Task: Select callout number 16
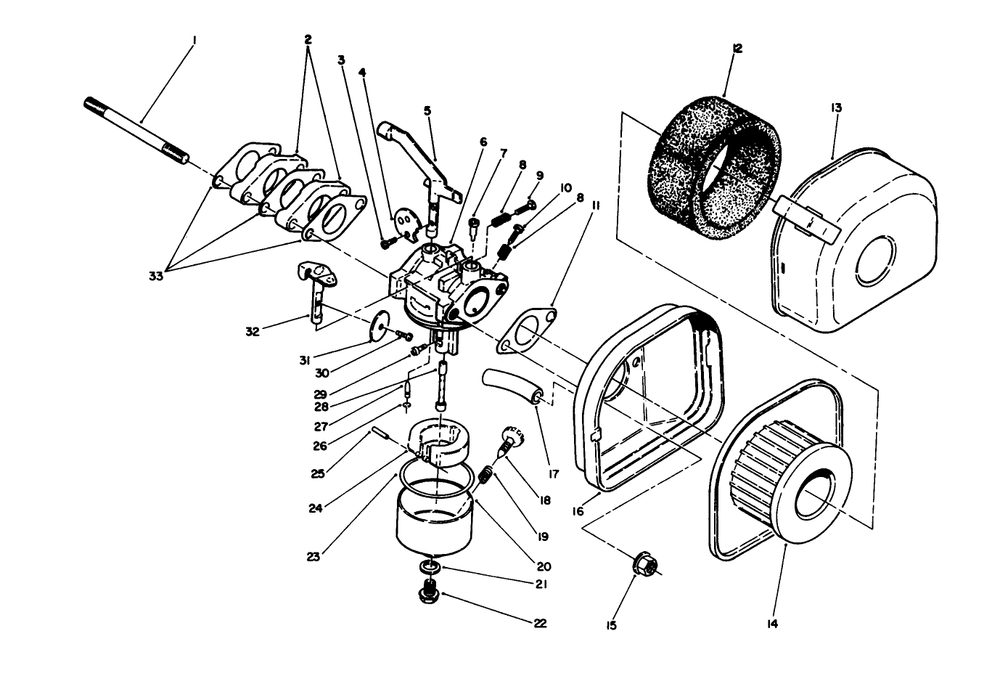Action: [x=578, y=511]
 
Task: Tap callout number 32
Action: [x=251, y=333]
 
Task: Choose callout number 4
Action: [x=362, y=72]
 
